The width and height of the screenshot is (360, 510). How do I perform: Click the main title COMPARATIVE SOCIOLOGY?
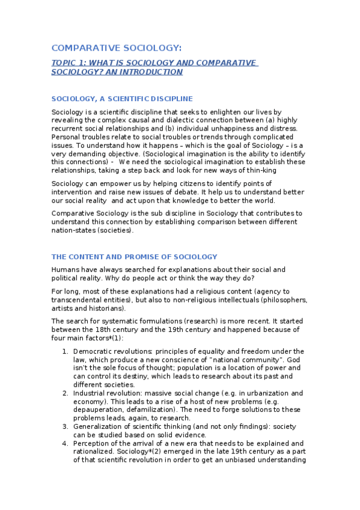[x=116, y=48]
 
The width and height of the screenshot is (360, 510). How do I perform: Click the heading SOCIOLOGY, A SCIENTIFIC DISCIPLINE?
[x=122, y=99]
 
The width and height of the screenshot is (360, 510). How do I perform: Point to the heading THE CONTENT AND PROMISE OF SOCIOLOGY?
[x=134, y=257]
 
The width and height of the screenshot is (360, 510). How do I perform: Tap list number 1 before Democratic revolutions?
[x=65, y=351]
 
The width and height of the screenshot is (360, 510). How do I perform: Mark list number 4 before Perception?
[x=65, y=444]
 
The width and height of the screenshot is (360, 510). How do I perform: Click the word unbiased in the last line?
[x=227, y=461]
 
